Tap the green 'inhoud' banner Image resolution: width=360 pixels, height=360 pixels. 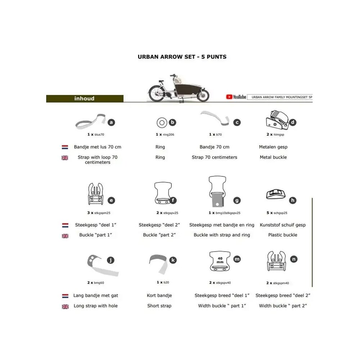click(x=85, y=99)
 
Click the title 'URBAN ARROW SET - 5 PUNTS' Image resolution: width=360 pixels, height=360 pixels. click(x=182, y=57)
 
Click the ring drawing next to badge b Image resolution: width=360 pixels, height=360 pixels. click(x=162, y=123)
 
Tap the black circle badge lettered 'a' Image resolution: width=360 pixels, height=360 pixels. click(x=111, y=122)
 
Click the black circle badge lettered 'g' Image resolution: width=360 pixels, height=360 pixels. click(x=237, y=201)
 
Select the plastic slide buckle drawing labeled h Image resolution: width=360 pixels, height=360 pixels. click(x=276, y=194)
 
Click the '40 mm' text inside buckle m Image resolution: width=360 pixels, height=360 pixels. click(x=220, y=260)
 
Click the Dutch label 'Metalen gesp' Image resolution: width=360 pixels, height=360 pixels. click(x=273, y=147)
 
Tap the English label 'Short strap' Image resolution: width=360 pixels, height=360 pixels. click(x=159, y=306)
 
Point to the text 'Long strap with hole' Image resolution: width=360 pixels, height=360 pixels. click(x=95, y=306)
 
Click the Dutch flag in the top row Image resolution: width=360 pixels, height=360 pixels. click(x=65, y=147)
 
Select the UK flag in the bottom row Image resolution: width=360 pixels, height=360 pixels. click(x=65, y=306)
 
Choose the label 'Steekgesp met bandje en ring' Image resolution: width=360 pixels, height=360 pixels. click(x=222, y=225)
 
